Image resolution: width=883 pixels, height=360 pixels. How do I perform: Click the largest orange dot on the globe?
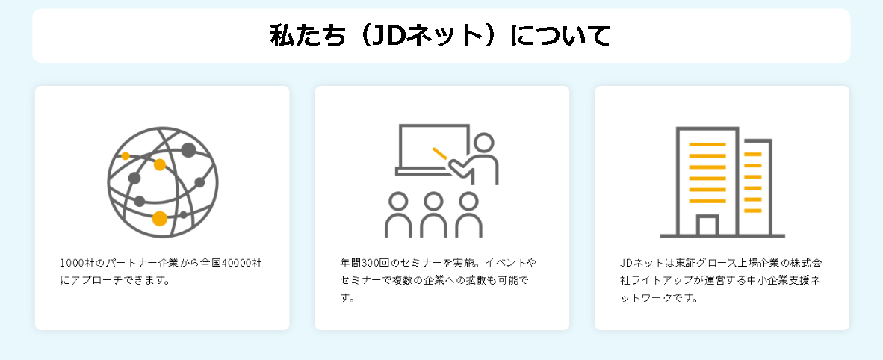[159, 218]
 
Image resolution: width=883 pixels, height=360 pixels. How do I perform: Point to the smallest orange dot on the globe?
[126, 156]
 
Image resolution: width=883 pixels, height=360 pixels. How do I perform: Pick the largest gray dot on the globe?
[188, 150]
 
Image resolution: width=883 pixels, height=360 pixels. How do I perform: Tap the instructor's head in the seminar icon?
[483, 143]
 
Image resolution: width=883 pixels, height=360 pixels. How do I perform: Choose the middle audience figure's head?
[433, 202]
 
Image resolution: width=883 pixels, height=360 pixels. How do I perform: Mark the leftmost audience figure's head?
[399, 202]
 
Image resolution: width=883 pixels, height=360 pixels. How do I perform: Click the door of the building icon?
[707, 226]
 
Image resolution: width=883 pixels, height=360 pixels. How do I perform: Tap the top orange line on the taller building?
[707, 144]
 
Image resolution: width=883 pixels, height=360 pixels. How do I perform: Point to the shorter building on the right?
[755, 183]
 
